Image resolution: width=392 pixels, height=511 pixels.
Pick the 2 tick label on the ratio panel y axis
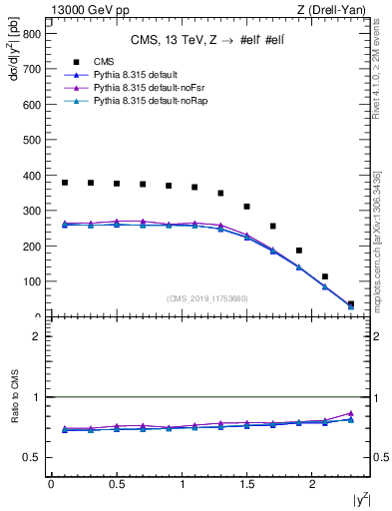point(37,336)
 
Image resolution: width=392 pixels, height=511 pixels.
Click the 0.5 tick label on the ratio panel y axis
point(32,457)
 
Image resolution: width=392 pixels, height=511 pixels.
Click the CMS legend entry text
point(103,62)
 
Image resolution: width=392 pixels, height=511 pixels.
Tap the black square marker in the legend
point(76,62)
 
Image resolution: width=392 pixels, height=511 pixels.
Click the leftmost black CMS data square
point(65,183)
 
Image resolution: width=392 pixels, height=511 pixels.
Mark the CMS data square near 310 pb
point(246,207)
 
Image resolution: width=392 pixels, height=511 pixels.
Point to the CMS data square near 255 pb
point(272,227)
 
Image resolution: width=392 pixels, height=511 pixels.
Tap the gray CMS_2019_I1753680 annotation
point(207,298)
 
